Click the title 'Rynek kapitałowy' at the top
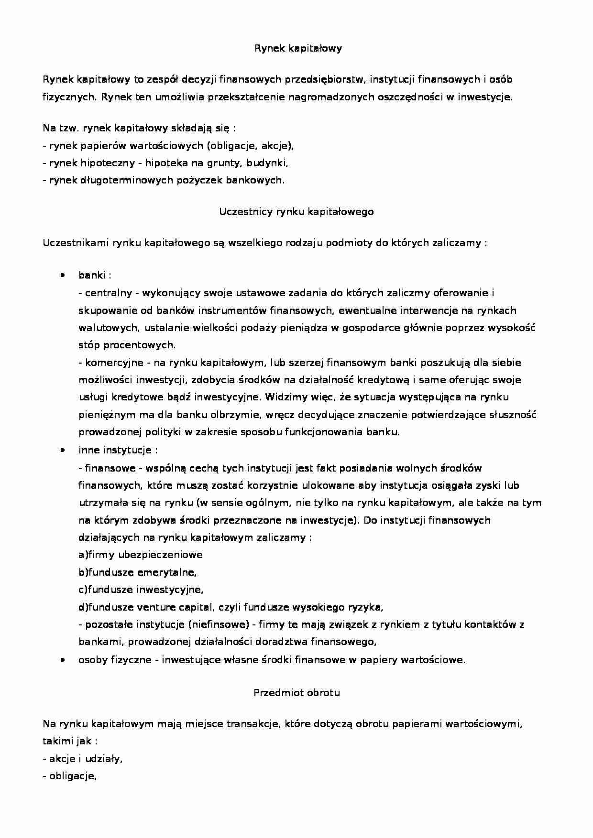tap(296, 48)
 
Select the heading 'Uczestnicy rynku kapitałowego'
tap(296, 212)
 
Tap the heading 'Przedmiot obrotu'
tap(296, 693)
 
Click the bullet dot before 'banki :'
tap(62, 276)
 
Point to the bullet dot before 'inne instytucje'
tap(62, 451)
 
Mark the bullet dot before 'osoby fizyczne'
tap(62, 660)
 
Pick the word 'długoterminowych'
tap(122, 180)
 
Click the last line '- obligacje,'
tap(70, 776)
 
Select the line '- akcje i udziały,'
tap(83, 759)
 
